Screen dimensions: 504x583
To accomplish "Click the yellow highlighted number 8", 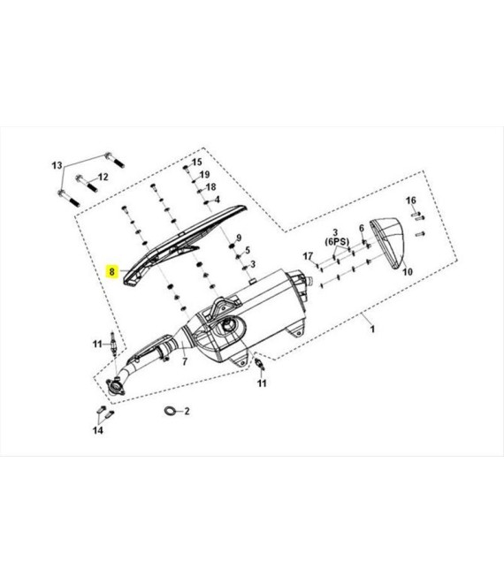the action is pos(111,271).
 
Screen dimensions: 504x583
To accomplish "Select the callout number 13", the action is pos(57,165).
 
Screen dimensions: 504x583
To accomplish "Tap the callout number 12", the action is pos(103,177).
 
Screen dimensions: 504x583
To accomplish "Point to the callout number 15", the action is pos(197,162).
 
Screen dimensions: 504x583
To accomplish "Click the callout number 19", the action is pos(205,174).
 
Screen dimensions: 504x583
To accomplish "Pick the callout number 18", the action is pos(211,187).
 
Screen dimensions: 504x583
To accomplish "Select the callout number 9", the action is pos(239,238).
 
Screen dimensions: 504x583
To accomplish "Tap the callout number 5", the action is pos(248,251).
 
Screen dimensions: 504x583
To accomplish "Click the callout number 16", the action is pos(411,201).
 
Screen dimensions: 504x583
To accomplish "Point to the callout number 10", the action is pos(408,272).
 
